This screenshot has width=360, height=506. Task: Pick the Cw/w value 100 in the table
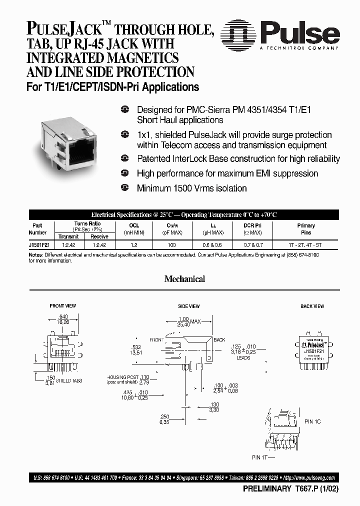pos(171,245)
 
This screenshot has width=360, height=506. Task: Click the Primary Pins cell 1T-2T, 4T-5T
pos(306,245)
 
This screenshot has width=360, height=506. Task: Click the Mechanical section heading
pos(184,279)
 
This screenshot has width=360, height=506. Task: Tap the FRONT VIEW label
pos(62,306)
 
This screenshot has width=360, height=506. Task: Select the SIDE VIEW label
pos(188,306)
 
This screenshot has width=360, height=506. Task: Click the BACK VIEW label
pos(312,306)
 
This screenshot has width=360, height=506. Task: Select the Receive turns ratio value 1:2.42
pos(99,245)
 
